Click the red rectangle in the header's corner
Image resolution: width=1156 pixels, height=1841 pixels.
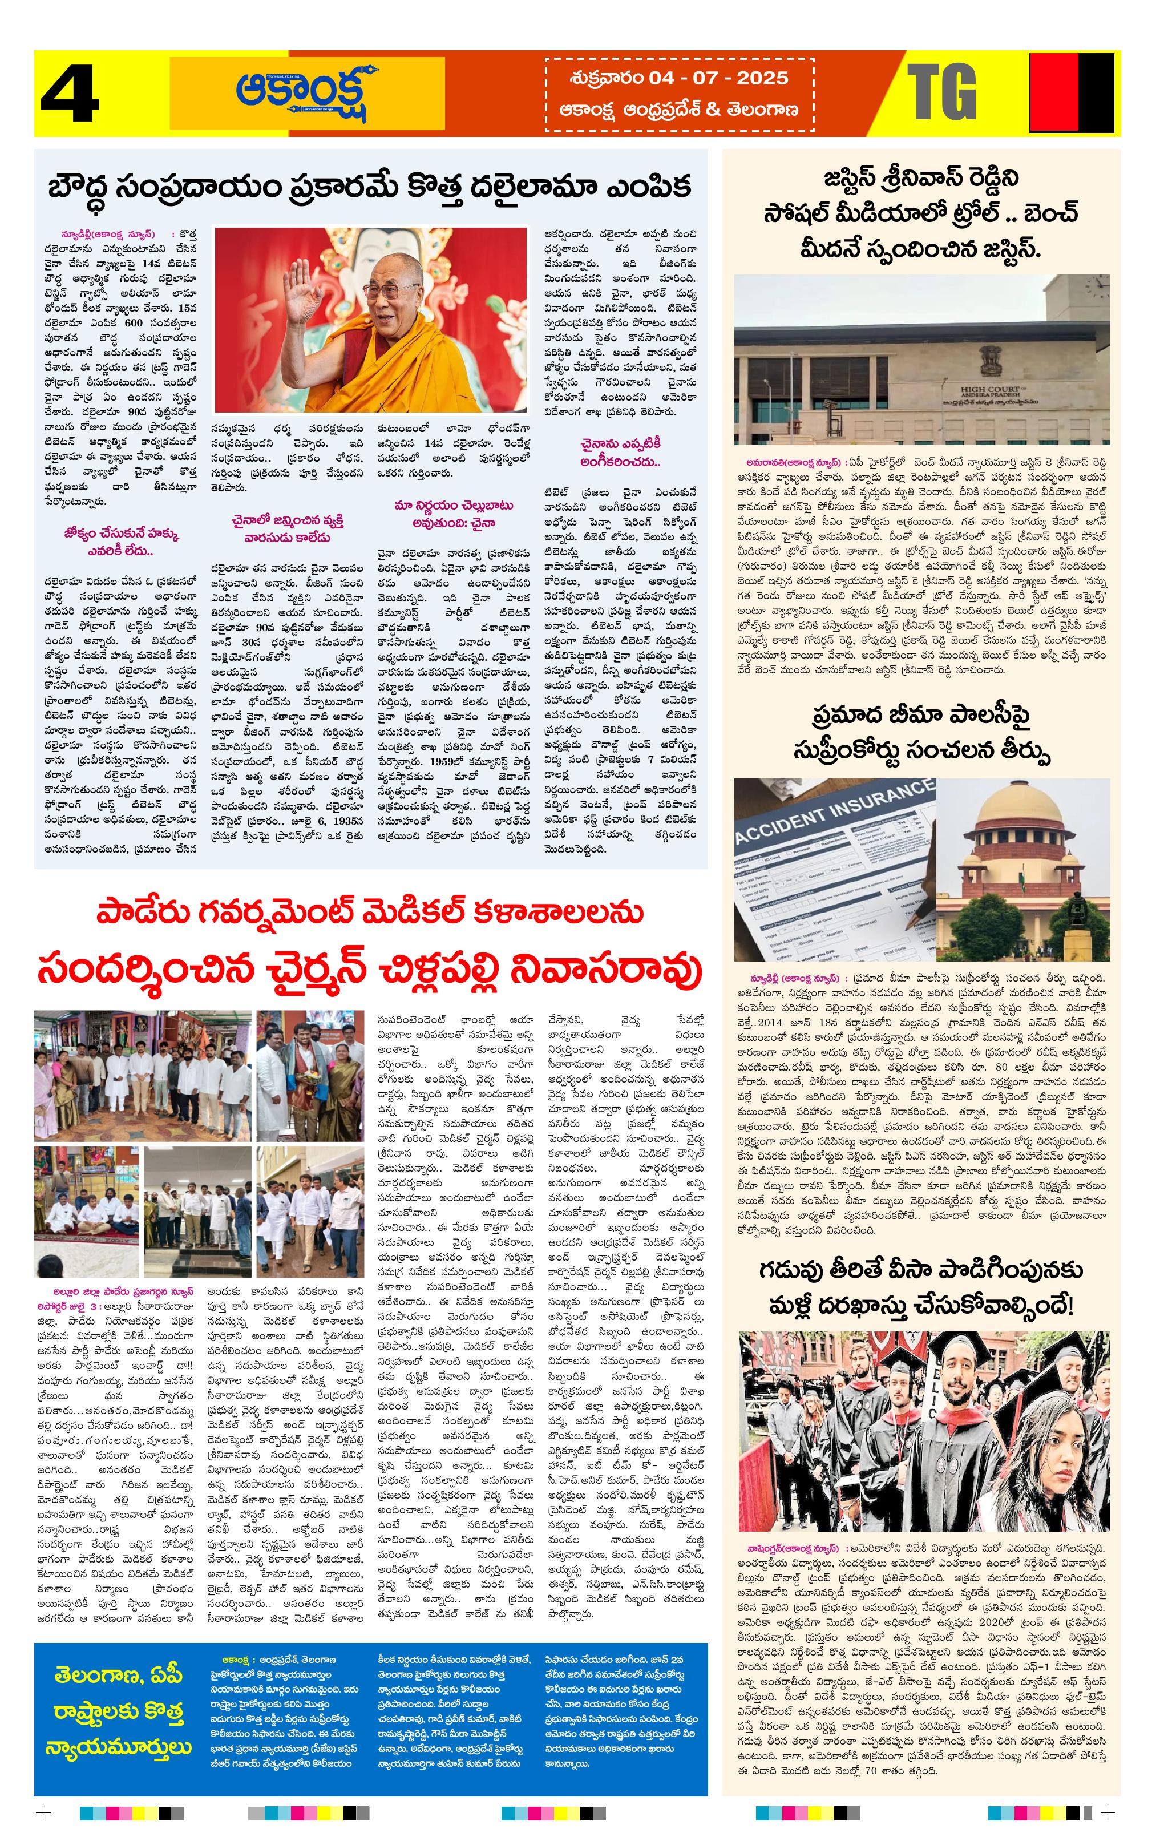1054,92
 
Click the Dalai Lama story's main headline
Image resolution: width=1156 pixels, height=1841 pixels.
370,187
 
